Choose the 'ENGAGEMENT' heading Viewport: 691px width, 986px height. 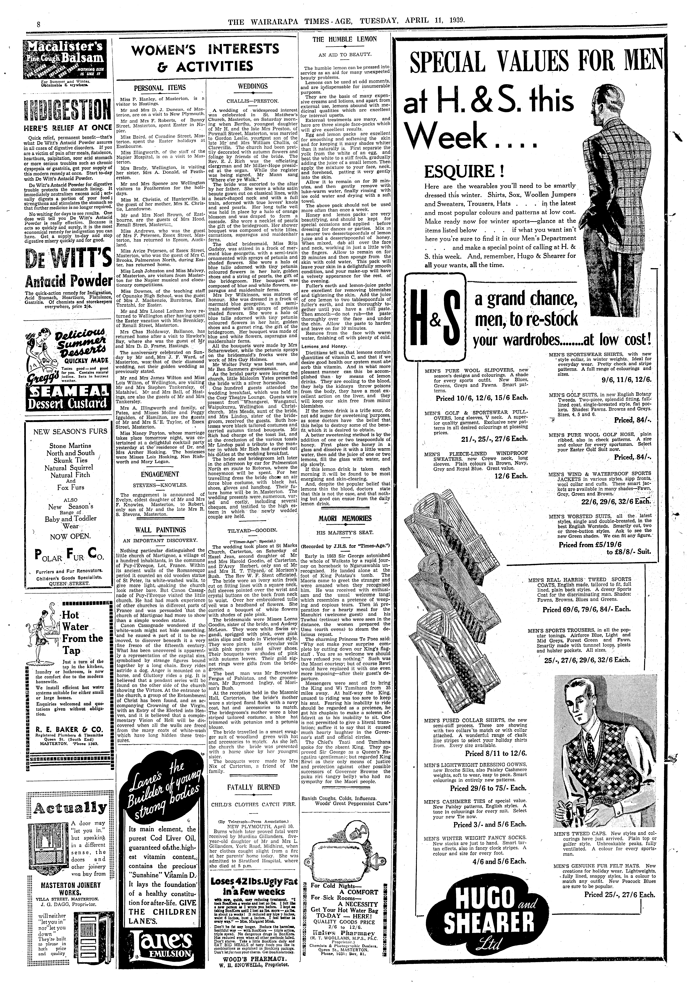tap(159, 474)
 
